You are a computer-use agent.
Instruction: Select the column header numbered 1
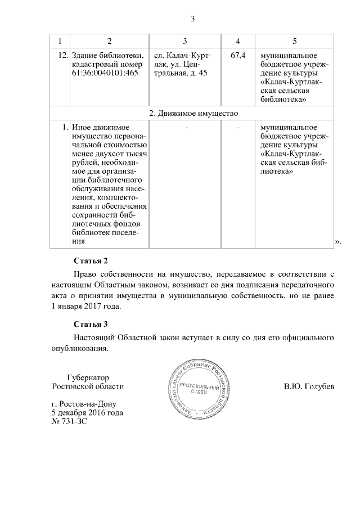(60, 42)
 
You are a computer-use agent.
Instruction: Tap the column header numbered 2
(109, 42)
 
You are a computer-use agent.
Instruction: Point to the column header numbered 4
(238, 42)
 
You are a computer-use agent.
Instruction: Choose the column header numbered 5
(295, 42)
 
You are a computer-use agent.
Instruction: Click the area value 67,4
(238, 56)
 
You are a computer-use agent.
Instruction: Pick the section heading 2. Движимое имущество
(192, 112)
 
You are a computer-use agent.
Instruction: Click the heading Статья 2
(91, 261)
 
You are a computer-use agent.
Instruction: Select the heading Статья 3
(91, 325)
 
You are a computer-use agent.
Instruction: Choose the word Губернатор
(87, 377)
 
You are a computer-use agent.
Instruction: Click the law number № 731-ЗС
(69, 421)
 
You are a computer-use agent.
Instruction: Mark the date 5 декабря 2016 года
(87, 412)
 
